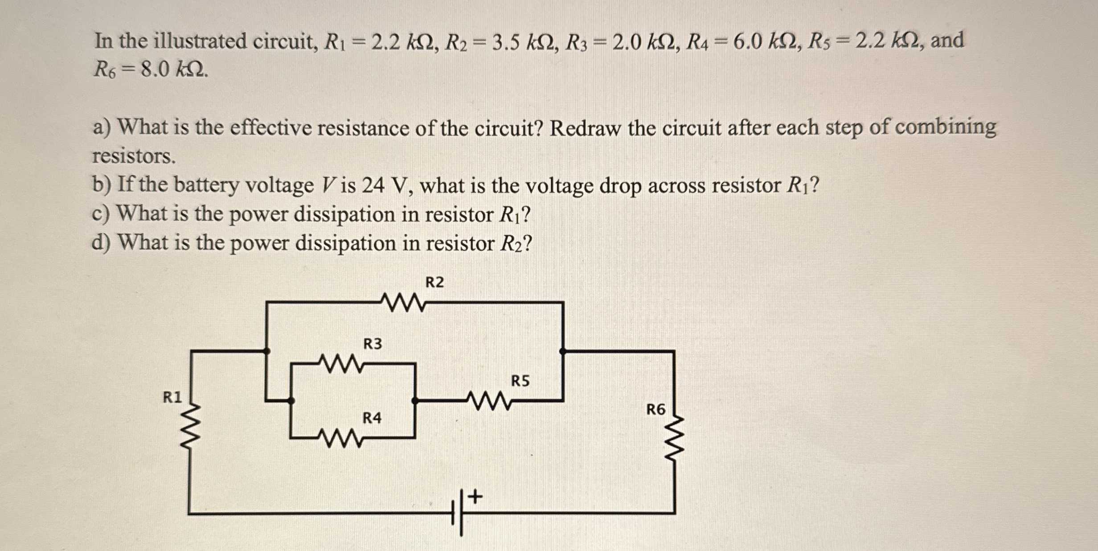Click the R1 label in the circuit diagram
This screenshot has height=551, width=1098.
pyautogui.click(x=172, y=397)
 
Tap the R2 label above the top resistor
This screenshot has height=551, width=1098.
pyautogui.click(x=434, y=283)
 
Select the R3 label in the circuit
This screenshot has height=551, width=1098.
pyautogui.click(x=373, y=344)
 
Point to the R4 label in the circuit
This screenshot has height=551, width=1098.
pyautogui.click(x=372, y=418)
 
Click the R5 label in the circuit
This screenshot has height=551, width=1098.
pyautogui.click(x=520, y=381)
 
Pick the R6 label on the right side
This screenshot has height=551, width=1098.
pyautogui.click(x=656, y=409)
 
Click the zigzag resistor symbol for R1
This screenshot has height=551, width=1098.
pyautogui.click(x=191, y=428)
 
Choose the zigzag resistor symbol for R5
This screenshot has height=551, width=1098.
pyautogui.click(x=489, y=400)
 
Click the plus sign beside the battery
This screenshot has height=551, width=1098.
pyautogui.click(x=475, y=496)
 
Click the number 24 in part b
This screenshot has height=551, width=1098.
pyautogui.click(x=373, y=185)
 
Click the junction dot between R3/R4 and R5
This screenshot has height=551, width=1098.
pyautogui.click(x=415, y=401)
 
